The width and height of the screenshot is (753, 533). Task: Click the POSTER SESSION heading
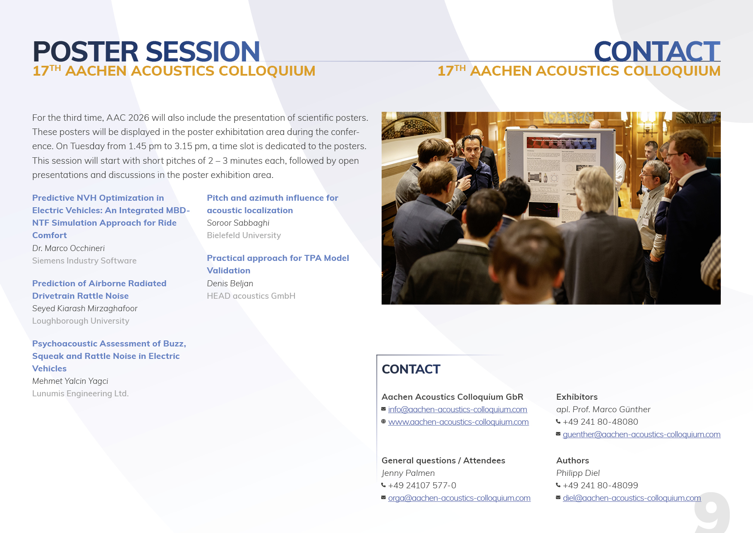point(146,52)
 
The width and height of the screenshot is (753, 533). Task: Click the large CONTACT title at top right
point(657,52)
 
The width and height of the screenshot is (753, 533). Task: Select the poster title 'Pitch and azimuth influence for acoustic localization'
point(272,204)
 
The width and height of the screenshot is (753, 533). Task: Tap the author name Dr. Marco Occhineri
point(68,248)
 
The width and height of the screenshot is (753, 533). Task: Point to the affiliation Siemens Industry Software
point(84,260)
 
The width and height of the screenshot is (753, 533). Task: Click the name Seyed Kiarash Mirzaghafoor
point(85,308)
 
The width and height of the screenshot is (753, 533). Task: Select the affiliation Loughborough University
point(81,321)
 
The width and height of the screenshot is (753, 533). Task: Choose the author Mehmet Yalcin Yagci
point(70,381)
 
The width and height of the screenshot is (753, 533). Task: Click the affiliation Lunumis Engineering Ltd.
point(80,393)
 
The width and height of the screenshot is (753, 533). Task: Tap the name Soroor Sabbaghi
point(238,223)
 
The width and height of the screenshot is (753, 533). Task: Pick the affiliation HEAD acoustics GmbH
point(251,296)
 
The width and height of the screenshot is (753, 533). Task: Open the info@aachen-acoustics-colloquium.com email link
point(458,410)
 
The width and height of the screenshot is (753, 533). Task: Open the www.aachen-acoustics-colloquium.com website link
point(458,422)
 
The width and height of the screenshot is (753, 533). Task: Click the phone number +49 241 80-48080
point(600,422)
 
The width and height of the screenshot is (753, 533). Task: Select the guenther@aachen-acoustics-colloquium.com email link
point(641,435)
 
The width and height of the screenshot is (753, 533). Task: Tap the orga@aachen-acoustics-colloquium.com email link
point(459,498)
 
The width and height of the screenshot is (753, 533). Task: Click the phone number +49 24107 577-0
point(422,485)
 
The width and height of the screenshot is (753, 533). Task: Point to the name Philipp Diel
point(578,473)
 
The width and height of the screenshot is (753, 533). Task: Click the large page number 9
point(712,513)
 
